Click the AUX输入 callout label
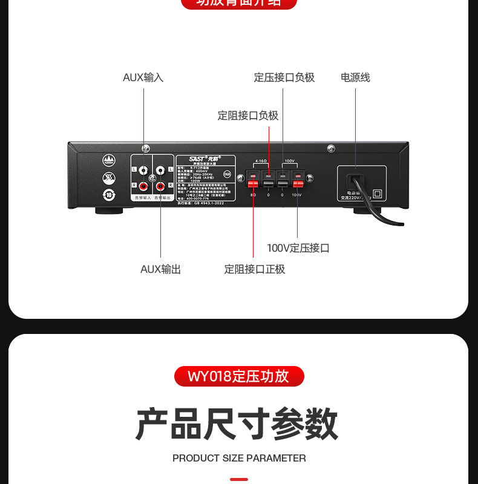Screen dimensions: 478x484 [143, 77]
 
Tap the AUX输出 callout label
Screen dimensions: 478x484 [160, 269]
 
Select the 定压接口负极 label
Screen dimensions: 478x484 [284, 77]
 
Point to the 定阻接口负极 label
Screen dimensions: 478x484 [248, 116]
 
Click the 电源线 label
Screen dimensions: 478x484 [355, 77]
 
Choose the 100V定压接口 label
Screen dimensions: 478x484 [298, 248]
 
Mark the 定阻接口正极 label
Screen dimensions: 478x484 [254, 269]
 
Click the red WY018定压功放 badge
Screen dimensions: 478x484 [238, 376]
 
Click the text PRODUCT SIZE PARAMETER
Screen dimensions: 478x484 [238, 458]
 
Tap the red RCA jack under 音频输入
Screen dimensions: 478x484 [144, 186]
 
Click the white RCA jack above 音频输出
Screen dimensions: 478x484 [161, 171]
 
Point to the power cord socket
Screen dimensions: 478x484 [354, 181]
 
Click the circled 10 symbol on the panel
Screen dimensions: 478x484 [109, 195]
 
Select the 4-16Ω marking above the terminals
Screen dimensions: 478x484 [261, 161]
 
